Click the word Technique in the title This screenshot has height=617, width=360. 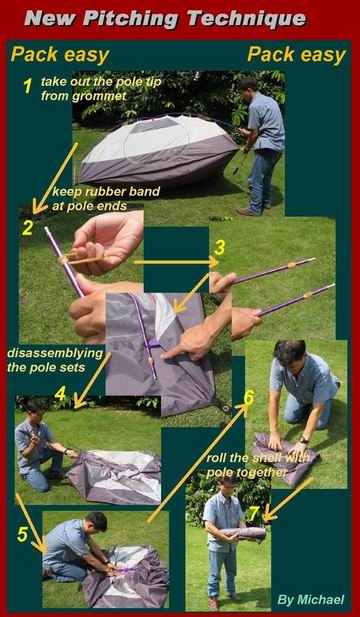point(246,19)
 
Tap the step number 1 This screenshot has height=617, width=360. point(27,86)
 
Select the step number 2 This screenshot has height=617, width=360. point(27,228)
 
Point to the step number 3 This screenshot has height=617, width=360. point(220,248)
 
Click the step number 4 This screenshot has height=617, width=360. point(60,395)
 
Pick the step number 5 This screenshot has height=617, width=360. point(22,535)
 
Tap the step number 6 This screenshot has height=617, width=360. point(249,398)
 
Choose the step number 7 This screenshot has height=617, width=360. point(254,514)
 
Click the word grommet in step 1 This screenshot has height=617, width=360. point(99,96)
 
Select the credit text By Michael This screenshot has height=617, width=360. point(311,600)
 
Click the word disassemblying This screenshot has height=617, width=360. point(55,353)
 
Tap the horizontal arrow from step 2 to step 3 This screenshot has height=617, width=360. point(176,261)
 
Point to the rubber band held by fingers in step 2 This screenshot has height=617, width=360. point(81,259)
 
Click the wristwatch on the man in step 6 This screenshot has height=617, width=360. point(303,440)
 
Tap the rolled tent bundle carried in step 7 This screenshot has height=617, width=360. point(243,534)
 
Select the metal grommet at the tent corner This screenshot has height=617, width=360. point(226,408)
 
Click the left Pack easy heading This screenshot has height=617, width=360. point(60,55)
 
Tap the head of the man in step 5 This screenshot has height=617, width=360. point(97,522)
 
